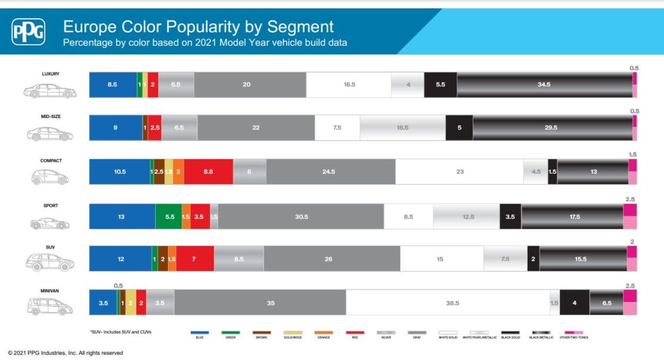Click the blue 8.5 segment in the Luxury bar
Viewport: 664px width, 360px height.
coord(112,85)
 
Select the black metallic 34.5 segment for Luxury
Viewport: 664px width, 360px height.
coord(544,85)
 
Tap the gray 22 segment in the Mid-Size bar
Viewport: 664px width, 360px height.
coord(256,127)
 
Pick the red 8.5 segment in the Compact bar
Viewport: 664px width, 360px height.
coord(208,171)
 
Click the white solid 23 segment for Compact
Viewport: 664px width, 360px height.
coord(460,171)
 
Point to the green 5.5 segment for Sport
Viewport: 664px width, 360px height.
coord(169,217)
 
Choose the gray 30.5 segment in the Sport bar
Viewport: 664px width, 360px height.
coord(301,217)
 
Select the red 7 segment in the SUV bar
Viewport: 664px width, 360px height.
coord(194,259)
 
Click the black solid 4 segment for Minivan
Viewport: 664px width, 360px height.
coord(574,303)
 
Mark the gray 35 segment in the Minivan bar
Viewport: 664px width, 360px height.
coord(260,303)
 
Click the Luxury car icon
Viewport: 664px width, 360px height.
coord(50,91)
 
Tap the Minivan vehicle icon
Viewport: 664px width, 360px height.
coord(50,306)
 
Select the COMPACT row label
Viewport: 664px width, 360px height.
coord(51,161)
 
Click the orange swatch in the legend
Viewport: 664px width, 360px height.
coord(323,333)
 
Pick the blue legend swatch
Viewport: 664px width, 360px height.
coord(199,333)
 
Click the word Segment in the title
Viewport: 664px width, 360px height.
coord(299,26)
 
